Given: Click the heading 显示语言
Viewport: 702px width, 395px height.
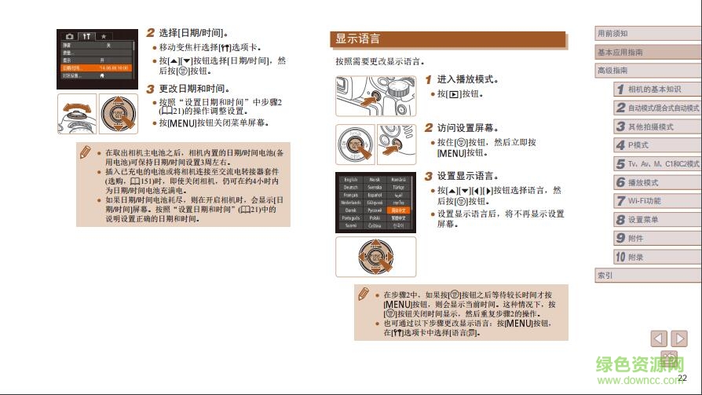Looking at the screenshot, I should point(358,39).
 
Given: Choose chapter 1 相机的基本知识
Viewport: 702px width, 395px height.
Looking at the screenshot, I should point(656,90).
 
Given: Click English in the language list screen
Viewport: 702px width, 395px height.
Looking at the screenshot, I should point(350,180).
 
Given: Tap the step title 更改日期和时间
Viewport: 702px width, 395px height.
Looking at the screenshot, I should point(193,89).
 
